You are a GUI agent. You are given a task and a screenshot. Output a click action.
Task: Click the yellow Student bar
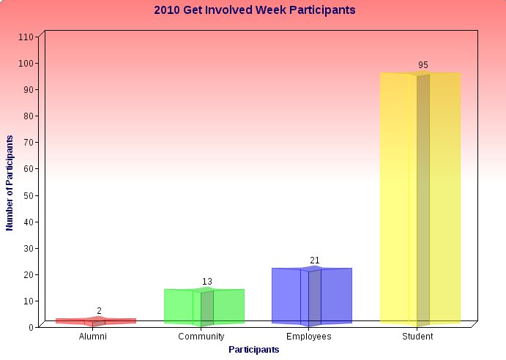[x=420, y=198]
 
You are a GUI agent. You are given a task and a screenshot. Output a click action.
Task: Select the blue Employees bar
[x=312, y=296]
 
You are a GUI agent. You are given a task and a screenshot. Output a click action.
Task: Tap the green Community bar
[x=204, y=307]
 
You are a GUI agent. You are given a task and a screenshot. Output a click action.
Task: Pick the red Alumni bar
[x=96, y=321]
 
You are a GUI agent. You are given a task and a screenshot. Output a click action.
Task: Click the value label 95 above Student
[x=423, y=65]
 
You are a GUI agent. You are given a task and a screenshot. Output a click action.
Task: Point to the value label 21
[x=315, y=260]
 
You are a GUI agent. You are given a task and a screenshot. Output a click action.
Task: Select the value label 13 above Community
[x=207, y=282]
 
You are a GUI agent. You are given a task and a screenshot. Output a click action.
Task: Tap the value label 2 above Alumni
[x=99, y=311]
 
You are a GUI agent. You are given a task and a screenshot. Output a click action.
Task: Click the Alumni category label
[x=92, y=337]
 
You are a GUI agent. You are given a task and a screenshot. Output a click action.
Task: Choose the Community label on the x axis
[x=201, y=337]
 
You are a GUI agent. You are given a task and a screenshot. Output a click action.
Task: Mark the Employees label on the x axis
[x=309, y=337]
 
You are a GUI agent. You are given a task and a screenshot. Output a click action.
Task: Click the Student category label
[x=417, y=337]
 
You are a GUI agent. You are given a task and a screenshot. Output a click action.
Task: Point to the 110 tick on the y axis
[x=26, y=37]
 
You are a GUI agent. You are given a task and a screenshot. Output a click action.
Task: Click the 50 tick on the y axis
[x=29, y=195]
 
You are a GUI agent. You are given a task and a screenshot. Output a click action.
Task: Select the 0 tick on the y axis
[x=31, y=327]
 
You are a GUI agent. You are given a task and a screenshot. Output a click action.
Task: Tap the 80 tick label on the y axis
[x=29, y=116]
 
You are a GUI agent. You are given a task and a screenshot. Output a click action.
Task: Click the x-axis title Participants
[x=254, y=350]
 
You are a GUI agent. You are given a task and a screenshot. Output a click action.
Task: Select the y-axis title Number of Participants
[x=10, y=183]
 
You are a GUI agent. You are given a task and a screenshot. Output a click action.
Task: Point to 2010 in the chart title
[x=167, y=10]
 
